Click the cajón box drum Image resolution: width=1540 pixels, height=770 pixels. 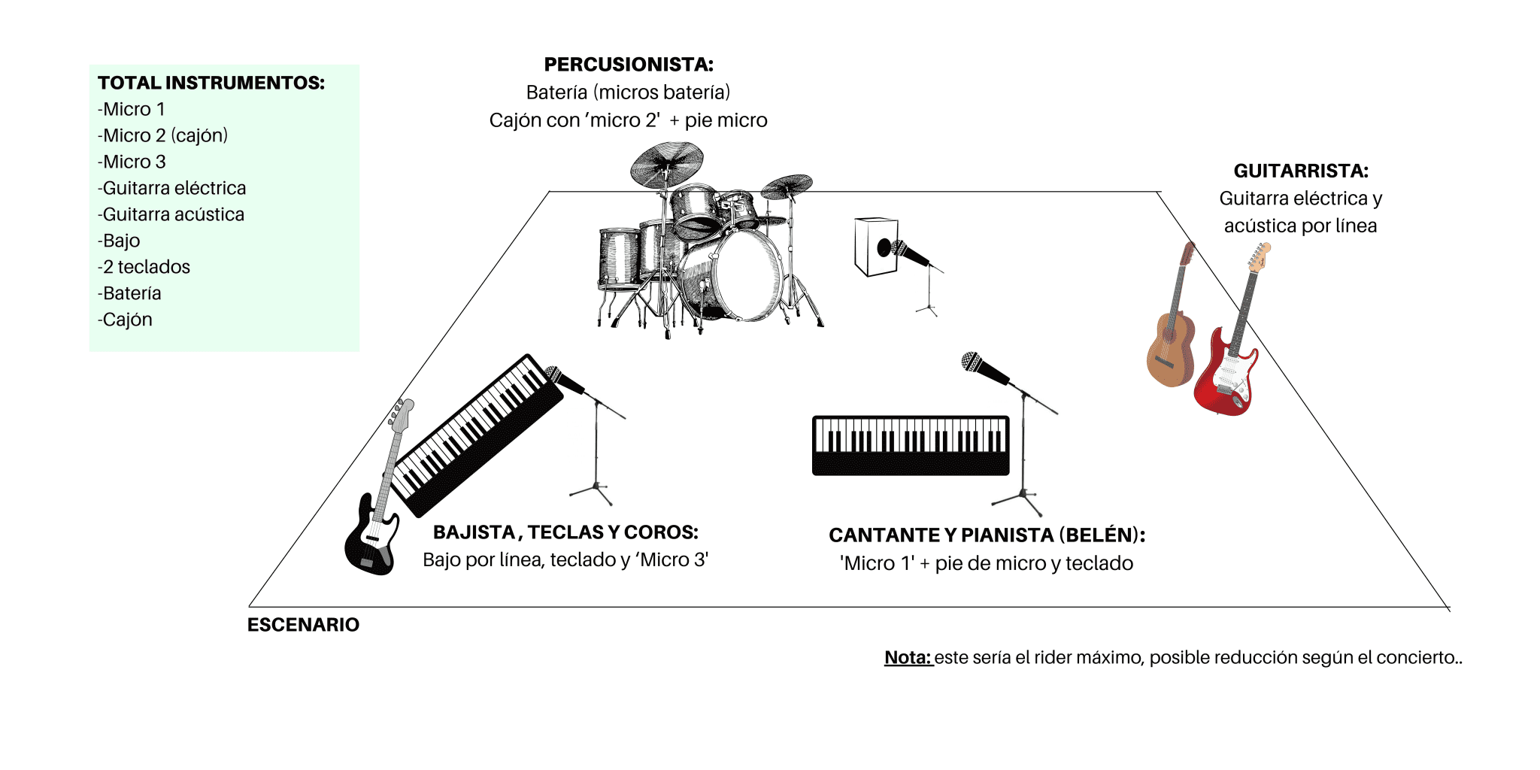(x=876, y=247)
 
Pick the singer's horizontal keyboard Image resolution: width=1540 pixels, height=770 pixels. (x=911, y=445)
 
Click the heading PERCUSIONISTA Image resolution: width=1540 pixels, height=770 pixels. (x=629, y=65)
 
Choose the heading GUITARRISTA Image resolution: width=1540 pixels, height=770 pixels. (x=1301, y=171)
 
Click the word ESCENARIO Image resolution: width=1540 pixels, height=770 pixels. (x=303, y=625)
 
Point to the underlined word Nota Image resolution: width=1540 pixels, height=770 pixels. (x=908, y=657)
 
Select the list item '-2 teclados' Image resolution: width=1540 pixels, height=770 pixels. (x=144, y=267)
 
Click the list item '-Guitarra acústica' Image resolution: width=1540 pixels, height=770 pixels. (x=171, y=214)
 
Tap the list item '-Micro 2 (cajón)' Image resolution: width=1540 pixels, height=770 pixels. (x=162, y=135)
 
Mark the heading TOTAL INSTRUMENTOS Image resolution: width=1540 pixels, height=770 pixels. (x=211, y=83)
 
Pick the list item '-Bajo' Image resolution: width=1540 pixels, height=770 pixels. (x=119, y=241)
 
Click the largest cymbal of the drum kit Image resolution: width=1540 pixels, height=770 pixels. (x=667, y=163)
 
